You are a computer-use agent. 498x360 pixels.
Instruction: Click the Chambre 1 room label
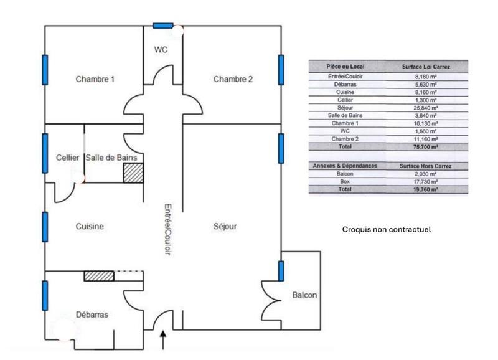pos(95,79)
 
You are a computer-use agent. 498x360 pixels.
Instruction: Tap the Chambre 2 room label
pos(233,79)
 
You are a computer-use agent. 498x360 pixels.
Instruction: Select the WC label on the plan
pos(161,49)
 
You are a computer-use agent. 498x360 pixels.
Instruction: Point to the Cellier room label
pos(67,158)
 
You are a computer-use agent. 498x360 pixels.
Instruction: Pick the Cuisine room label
pos(90,227)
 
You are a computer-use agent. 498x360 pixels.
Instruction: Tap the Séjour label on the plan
pos(225,227)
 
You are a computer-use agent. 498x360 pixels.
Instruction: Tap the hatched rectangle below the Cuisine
pos(99,275)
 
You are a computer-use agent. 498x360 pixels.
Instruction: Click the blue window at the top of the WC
pos(163,26)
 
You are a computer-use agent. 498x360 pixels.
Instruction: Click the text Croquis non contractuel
pos(387,230)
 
